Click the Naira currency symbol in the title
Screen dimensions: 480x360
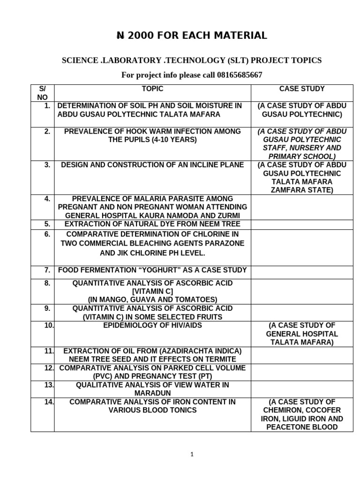pyautogui.click(x=120, y=36)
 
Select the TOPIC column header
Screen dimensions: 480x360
pyautogui.click(x=152, y=89)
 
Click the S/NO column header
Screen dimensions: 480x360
pyautogui.click(x=42, y=93)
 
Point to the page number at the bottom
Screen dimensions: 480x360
pyautogui.click(x=192, y=454)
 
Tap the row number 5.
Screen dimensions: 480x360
pyautogui.click(x=47, y=224)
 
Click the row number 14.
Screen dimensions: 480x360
pyautogui.click(x=49, y=402)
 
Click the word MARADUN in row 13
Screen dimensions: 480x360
pyautogui.click(x=152, y=393)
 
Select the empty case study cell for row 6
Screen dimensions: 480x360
pyautogui.click(x=302, y=247)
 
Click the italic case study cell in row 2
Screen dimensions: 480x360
pyautogui.click(x=302, y=143)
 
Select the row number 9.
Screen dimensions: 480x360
pyautogui.click(x=47, y=308)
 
